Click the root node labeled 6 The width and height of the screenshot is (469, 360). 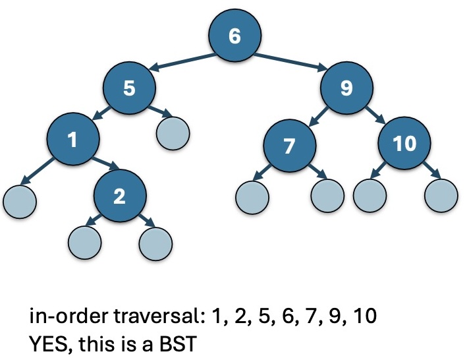pyautogui.click(x=234, y=36)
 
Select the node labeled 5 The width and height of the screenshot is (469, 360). pyautogui.click(x=129, y=88)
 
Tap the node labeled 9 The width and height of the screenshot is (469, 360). pyautogui.click(x=346, y=88)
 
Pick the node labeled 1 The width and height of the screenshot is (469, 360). pyautogui.click(x=72, y=139)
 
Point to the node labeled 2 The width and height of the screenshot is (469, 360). pyautogui.click(x=119, y=196)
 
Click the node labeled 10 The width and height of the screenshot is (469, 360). pyautogui.click(x=404, y=143)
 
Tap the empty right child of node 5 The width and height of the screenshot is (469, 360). pyautogui.click(x=173, y=133)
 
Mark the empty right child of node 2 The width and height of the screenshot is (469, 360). pyautogui.click(x=156, y=242)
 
